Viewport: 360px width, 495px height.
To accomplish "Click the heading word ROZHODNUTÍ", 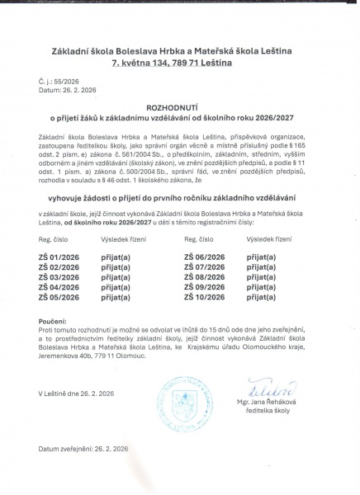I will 179,108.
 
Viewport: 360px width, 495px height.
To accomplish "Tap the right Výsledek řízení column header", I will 270,238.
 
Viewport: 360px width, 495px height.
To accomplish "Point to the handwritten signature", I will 265,389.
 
